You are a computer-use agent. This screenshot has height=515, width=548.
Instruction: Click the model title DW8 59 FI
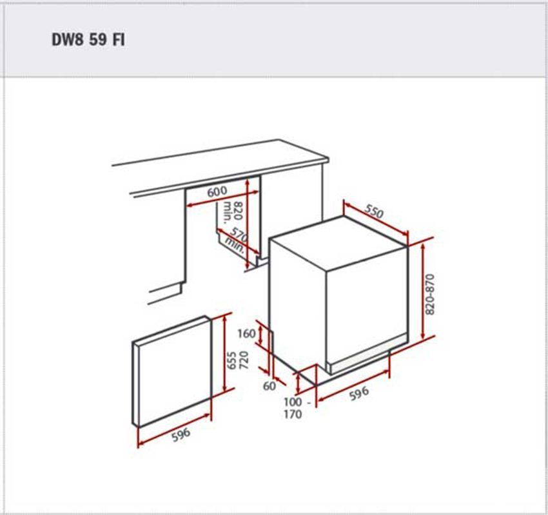[88, 39]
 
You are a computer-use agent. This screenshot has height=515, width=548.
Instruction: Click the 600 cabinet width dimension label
[217, 192]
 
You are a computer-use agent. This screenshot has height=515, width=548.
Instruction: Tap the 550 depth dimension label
[374, 211]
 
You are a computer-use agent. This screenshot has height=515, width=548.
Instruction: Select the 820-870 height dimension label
[431, 294]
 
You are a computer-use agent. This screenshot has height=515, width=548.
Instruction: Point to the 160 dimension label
[247, 334]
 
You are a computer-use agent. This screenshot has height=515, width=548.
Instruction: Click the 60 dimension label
[269, 386]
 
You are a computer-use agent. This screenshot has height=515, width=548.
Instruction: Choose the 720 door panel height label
[244, 361]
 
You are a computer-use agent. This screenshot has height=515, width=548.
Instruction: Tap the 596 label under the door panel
[181, 434]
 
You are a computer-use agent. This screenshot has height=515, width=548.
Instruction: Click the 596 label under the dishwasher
[359, 393]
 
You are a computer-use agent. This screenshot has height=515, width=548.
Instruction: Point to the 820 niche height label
[238, 210]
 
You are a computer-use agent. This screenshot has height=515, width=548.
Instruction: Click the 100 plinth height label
[293, 402]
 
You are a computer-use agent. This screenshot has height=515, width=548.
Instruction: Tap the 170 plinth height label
[293, 414]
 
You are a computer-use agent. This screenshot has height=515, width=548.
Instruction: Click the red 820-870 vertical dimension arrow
[423, 291]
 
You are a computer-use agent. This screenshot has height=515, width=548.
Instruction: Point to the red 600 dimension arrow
[223, 198]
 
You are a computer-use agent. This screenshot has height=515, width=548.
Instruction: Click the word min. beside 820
[227, 212]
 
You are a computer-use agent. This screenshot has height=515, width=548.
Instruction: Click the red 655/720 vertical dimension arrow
[225, 353]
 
